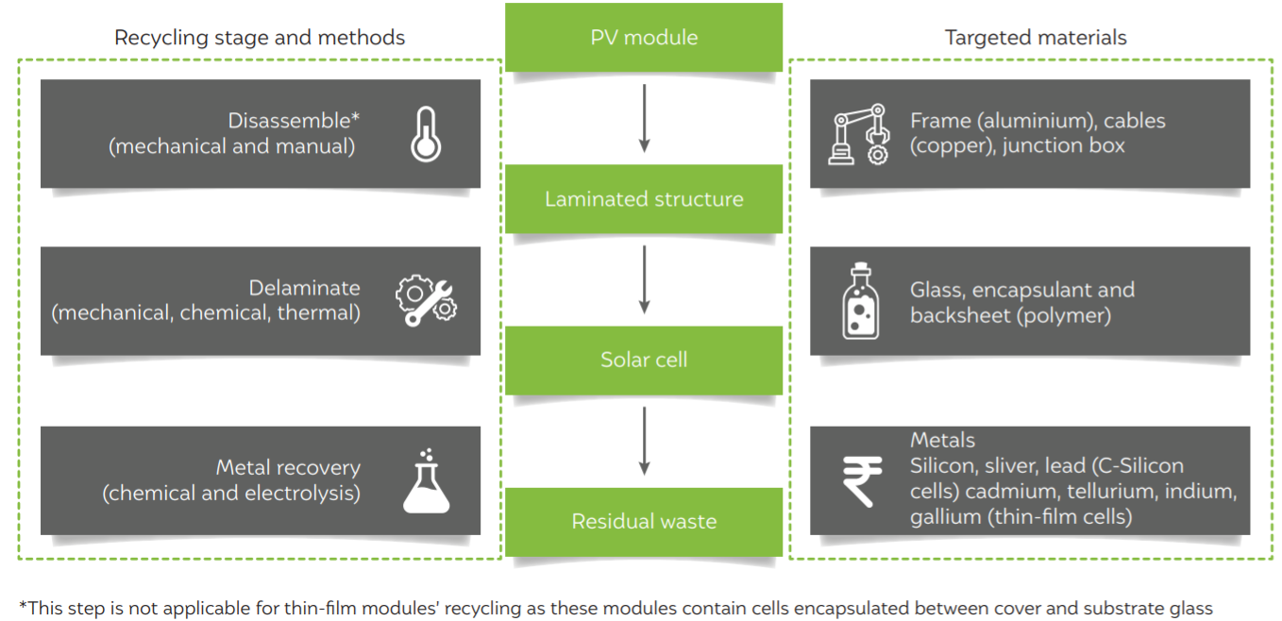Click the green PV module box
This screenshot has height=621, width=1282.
[x=643, y=37]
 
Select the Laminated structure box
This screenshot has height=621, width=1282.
[x=643, y=198]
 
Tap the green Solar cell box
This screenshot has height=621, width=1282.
[x=643, y=360]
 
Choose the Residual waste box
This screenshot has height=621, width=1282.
[x=643, y=521]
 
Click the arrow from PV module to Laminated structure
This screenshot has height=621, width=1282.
[x=645, y=119]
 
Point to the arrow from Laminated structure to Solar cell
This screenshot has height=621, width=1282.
[x=645, y=280]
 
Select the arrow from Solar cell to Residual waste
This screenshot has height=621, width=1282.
[x=645, y=442]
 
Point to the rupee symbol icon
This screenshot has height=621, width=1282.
[x=862, y=479]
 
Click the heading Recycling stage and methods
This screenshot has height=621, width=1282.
[x=260, y=38]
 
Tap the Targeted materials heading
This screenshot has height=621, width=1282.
[x=1036, y=38]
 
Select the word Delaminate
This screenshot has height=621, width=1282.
[x=305, y=288]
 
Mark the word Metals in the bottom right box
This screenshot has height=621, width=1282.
[x=942, y=440]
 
